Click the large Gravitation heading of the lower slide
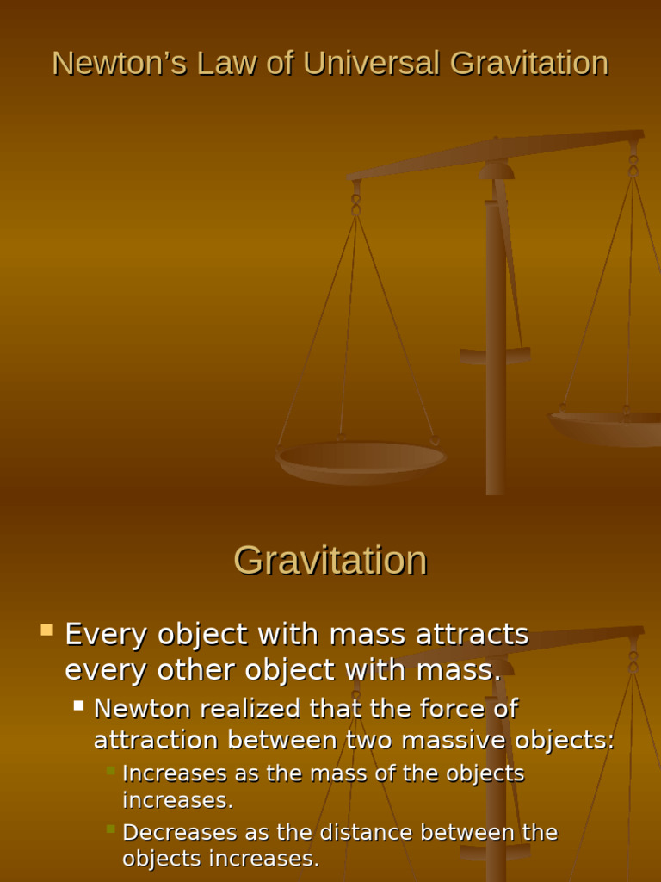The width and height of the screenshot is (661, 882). pos(330,561)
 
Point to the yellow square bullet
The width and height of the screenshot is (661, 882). pos(46,630)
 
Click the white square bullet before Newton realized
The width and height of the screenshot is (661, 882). pos(78,705)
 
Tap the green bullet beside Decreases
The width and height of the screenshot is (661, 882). pos(110,829)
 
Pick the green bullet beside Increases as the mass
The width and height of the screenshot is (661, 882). pos(110,770)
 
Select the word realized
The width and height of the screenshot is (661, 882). pos(250,709)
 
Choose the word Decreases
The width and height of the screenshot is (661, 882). pos(176,833)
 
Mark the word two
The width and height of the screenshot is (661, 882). pos(370,740)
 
